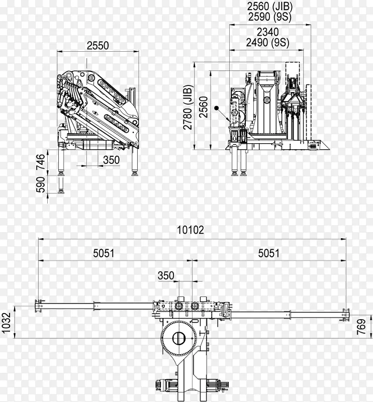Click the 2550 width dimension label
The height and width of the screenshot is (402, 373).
(98, 46)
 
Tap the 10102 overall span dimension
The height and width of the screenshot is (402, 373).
(191, 230)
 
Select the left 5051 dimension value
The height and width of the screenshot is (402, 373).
(104, 253)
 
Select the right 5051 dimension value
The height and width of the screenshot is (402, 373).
(268, 253)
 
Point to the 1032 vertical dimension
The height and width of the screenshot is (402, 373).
(6, 322)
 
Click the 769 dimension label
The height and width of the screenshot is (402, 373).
(361, 327)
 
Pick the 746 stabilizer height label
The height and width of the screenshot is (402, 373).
(41, 162)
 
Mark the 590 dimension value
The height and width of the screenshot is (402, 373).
(41, 184)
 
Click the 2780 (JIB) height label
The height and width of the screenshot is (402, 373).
(188, 107)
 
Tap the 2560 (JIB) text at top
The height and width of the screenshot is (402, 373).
(270, 7)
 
